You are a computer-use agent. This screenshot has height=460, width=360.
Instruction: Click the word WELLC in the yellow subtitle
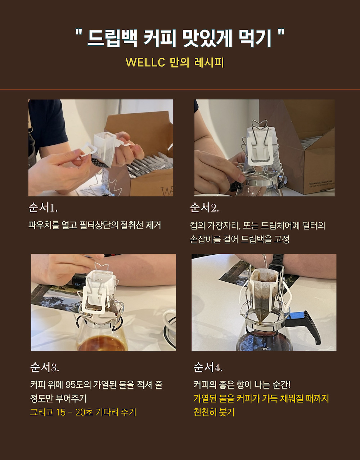tap(145, 62)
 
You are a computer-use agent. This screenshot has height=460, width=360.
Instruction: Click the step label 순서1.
tap(43, 208)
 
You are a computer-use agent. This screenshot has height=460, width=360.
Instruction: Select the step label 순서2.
tap(204, 208)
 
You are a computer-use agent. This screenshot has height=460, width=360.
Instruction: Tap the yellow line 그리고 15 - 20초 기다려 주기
tap(83, 412)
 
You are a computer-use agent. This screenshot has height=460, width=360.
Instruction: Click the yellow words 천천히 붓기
tap(214, 412)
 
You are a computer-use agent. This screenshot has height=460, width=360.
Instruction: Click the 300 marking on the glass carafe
tap(265, 349)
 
